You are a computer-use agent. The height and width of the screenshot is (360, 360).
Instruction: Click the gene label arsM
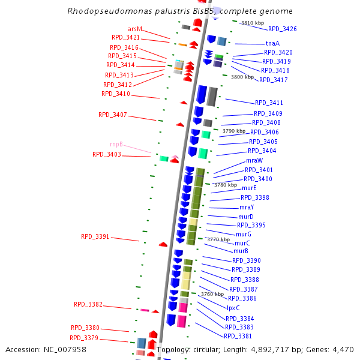(x=135, y=29)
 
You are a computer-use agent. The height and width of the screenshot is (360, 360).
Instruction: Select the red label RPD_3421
(x=124, y=37)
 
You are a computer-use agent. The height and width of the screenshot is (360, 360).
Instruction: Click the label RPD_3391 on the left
(x=95, y=236)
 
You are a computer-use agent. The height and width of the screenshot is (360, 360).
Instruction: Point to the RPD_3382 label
(x=88, y=304)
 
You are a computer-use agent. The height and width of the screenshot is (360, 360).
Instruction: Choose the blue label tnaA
(x=272, y=43)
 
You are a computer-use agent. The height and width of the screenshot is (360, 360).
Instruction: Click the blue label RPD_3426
(x=282, y=29)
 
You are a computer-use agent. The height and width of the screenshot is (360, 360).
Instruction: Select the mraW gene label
(x=254, y=160)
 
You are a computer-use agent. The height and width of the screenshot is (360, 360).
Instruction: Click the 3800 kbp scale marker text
(x=242, y=77)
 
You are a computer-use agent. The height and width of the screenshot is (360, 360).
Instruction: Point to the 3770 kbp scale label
(x=218, y=239)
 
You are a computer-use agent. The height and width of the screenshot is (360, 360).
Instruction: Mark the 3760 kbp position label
(x=212, y=294)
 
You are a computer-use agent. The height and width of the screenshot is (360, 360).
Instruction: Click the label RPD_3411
(x=269, y=103)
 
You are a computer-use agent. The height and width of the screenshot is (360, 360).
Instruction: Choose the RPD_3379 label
(x=85, y=338)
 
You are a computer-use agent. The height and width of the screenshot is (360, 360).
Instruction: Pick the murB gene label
(x=241, y=251)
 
